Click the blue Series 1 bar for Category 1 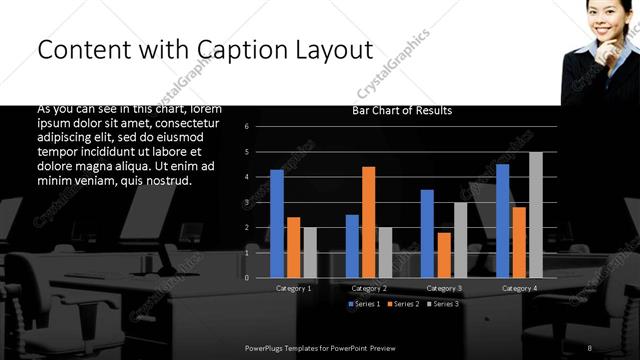coord(276,223)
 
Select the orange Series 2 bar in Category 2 coord(368,221)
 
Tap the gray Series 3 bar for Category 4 coord(535,214)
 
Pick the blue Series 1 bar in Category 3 coord(427,233)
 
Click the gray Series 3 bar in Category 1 coord(310,252)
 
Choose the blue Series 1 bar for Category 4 coord(502,220)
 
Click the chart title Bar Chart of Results coord(402,111)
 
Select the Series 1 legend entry coord(364,303)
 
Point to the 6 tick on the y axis coord(260,127)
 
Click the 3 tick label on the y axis coord(260,202)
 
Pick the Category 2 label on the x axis coord(368,288)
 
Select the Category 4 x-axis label coord(518,288)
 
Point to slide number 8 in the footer coord(590,347)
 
